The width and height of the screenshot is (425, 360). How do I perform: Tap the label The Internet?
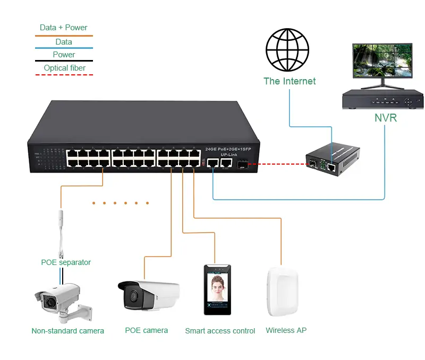coord(290,81)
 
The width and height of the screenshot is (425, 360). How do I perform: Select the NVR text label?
coord(385,118)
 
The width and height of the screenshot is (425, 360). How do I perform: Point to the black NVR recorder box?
coord(383,100)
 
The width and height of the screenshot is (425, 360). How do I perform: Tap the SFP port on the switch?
coord(242,165)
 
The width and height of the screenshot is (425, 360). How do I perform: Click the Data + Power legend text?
coord(63,28)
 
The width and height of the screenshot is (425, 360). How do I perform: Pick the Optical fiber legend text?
coord(64,68)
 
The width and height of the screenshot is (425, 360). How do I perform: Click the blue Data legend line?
coord(64,48)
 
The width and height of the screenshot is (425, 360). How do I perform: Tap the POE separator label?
coord(66,262)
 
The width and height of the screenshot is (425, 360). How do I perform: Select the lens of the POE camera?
coord(131,295)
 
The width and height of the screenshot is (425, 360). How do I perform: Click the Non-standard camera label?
coord(67,331)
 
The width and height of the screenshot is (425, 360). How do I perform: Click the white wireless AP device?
coord(282,293)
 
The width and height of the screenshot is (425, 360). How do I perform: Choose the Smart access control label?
coord(220,331)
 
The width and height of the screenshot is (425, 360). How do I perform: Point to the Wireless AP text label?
coord(286,330)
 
